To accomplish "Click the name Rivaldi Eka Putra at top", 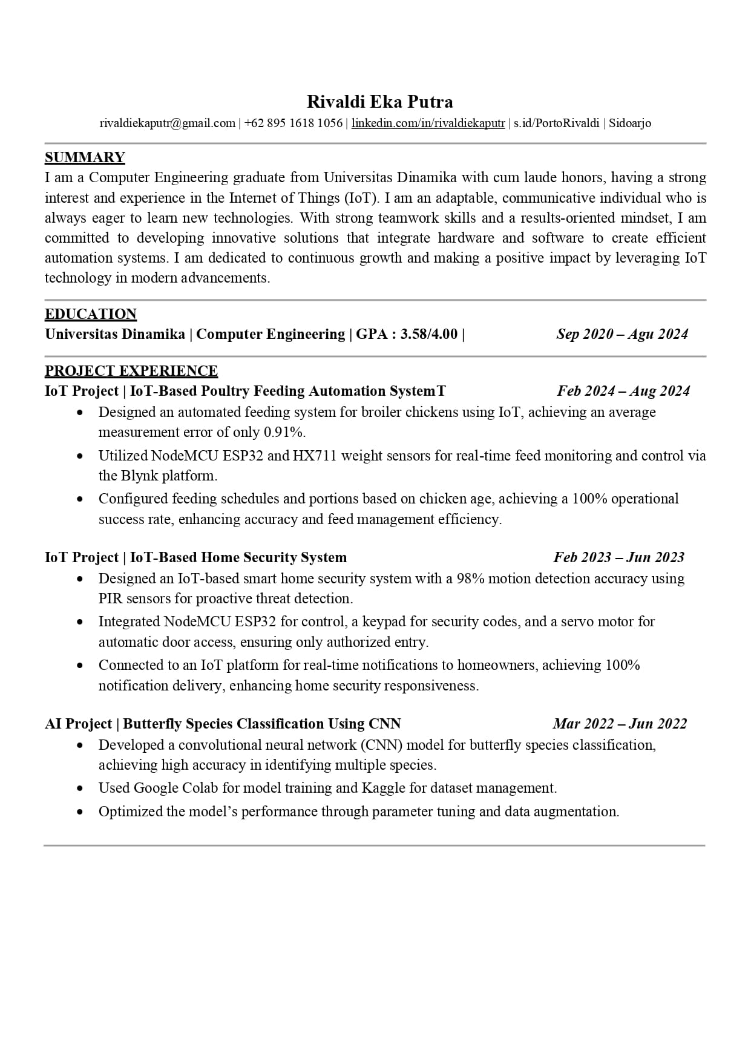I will click(379, 101).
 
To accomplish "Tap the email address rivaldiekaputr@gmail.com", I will click(167, 123).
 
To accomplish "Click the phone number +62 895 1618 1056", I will click(294, 123).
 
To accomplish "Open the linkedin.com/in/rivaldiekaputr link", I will click(428, 123).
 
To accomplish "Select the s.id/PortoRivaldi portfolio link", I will click(556, 123).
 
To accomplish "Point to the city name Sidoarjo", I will click(629, 123).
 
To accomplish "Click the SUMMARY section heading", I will click(85, 157).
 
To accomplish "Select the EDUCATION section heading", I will click(91, 314).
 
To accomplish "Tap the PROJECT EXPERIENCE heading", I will click(131, 371).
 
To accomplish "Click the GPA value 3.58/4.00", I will click(429, 334).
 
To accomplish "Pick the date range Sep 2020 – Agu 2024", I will click(622, 334).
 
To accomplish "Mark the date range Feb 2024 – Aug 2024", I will click(623, 391).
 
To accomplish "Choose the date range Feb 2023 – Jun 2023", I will click(618, 557).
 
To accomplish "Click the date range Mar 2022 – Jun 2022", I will click(620, 724).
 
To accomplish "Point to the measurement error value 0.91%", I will click(284, 432).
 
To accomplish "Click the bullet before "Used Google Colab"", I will click(80, 788).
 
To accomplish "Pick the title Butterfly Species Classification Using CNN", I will click(261, 724).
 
